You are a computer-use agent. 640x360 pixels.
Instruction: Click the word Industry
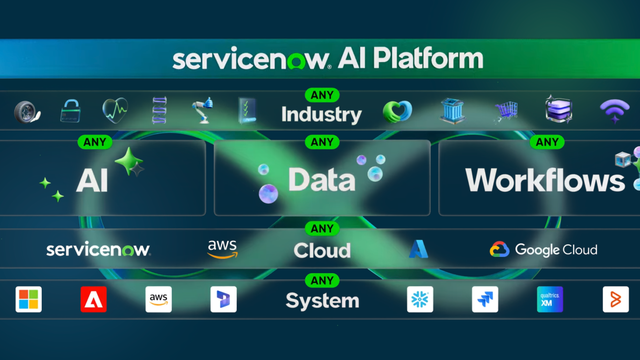coord(321,114)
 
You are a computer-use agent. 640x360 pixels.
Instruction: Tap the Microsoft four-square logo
coord(29,299)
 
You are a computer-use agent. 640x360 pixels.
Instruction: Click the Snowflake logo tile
coord(421,299)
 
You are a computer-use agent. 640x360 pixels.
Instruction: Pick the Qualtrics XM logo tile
coord(549,299)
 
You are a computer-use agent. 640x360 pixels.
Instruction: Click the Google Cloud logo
coord(543,249)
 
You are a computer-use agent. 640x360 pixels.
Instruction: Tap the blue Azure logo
coord(418,249)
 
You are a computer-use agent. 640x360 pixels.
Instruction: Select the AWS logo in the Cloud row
coord(223,248)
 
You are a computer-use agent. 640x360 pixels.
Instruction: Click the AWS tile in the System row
coord(159,299)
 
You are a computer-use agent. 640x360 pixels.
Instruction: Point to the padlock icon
coord(71,110)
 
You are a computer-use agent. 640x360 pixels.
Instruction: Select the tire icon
coord(27,111)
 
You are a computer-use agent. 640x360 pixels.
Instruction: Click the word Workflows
coord(545,180)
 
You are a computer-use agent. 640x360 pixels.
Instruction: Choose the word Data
coord(321,180)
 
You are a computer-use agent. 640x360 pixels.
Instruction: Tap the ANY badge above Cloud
coord(321,228)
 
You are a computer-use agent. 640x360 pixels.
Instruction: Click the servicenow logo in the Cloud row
coord(98,249)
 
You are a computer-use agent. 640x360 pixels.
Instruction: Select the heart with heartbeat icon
coord(115,109)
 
